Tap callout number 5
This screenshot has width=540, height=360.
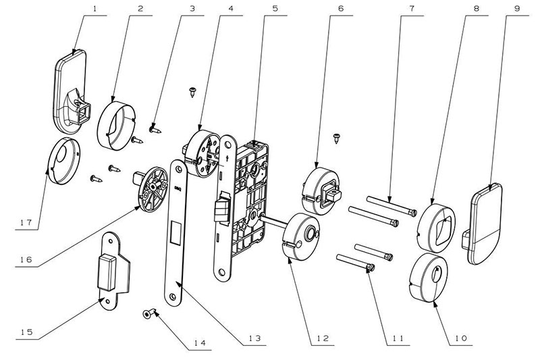(x=256, y=10)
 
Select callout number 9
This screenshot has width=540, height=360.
(x=517, y=10)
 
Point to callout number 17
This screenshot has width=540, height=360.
(x=24, y=221)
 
